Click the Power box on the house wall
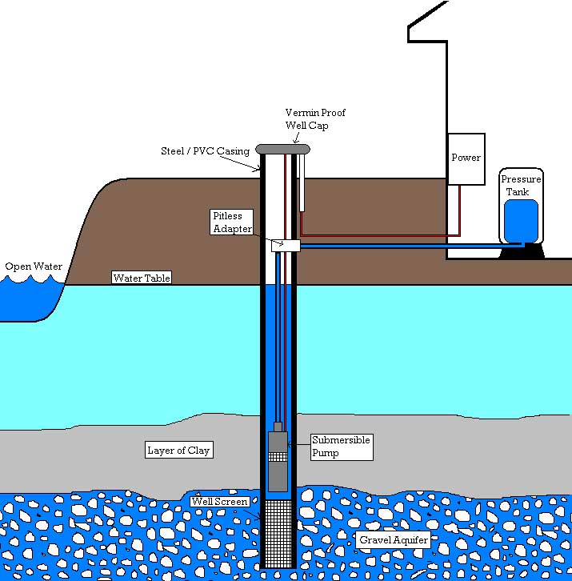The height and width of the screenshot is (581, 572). (x=466, y=158)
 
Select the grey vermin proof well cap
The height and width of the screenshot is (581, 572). (x=282, y=149)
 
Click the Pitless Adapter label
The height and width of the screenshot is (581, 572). (x=232, y=222)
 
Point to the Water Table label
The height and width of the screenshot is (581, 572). (x=142, y=278)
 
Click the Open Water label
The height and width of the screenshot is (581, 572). (x=33, y=266)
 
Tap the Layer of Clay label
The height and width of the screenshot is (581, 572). (x=178, y=450)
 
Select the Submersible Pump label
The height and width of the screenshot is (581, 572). (x=342, y=447)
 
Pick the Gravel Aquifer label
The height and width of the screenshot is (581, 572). (x=394, y=540)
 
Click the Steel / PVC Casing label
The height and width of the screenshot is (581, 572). (x=206, y=151)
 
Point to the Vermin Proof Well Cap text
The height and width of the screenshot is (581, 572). (x=315, y=119)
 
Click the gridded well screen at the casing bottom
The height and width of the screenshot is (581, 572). (x=279, y=532)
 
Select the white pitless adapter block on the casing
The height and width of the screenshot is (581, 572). (x=285, y=246)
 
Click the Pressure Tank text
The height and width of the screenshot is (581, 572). (x=522, y=186)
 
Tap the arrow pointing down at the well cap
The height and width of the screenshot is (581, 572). (x=297, y=138)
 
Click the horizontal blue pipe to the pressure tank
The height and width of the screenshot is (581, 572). (x=400, y=246)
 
